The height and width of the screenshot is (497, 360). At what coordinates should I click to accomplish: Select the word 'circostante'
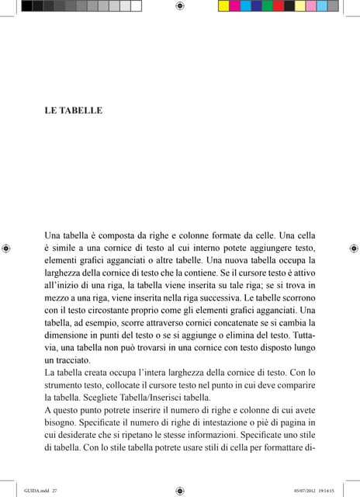[x=114, y=310]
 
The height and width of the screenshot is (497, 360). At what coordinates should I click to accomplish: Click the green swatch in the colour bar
[x=268, y=5]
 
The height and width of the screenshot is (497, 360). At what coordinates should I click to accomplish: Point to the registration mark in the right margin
[x=354, y=248]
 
